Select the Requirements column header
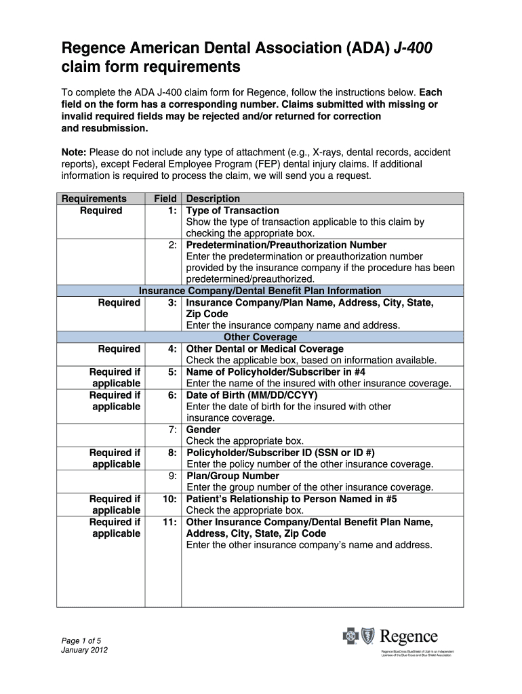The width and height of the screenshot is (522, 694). pyautogui.click(x=94, y=199)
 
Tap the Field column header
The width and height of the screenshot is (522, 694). pyautogui.click(x=165, y=199)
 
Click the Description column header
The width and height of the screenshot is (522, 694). pyautogui.click(x=213, y=199)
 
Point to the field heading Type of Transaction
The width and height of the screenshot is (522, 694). pyautogui.click(x=233, y=210)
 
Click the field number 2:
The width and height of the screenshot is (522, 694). pyautogui.click(x=173, y=245)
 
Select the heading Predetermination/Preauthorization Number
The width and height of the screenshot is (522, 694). pyautogui.click(x=286, y=245)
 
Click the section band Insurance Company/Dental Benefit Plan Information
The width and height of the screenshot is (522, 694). pyautogui.click(x=260, y=291)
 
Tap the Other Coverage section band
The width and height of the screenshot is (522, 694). pyautogui.click(x=260, y=337)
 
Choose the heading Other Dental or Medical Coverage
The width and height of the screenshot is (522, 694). pyautogui.click(x=264, y=349)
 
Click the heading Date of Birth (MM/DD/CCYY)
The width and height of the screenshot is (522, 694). pyautogui.click(x=252, y=395)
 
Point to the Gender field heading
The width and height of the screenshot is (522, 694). pyautogui.click(x=203, y=430)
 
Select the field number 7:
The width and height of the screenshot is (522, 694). pyautogui.click(x=173, y=430)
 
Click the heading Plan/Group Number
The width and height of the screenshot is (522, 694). pyautogui.click(x=233, y=476)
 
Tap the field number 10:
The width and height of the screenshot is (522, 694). pyautogui.click(x=170, y=499)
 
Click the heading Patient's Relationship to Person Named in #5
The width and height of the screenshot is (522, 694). pyautogui.click(x=292, y=499)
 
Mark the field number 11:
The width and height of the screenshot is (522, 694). pyautogui.click(x=170, y=522)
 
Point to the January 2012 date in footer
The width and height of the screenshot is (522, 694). pyautogui.click(x=84, y=651)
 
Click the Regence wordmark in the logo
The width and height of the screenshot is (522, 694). pyautogui.click(x=409, y=637)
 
